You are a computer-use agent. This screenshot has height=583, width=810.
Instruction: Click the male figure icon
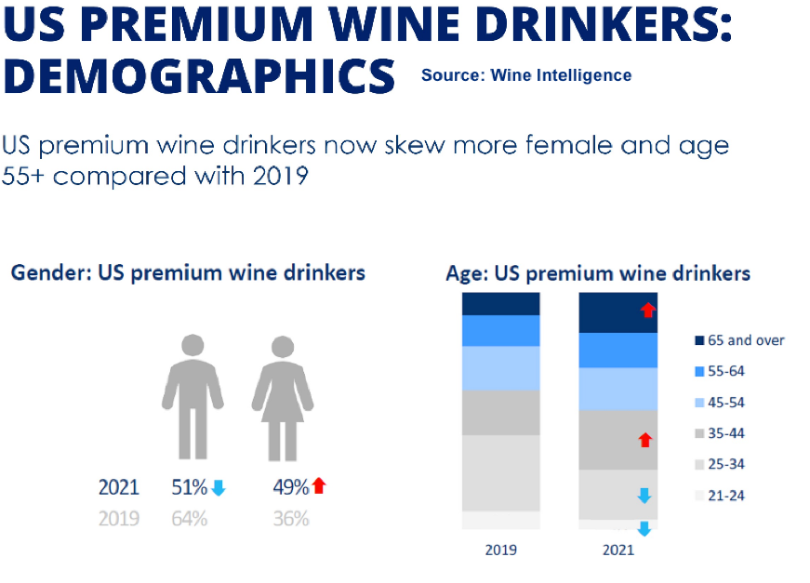pos(193,396)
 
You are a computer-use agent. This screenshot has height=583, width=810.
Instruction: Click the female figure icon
pos(282,396)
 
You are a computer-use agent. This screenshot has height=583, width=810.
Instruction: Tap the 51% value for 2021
pos(189,487)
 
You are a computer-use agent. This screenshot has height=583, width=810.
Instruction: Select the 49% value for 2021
pos(290,486)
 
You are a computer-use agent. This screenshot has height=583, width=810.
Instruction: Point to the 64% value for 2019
pos(189,519)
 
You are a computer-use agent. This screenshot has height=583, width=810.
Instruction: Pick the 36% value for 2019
pos(290,519)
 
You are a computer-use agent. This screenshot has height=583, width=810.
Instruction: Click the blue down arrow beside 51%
pos(219,487)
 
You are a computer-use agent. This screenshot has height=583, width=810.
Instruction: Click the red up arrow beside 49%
pos(320,485)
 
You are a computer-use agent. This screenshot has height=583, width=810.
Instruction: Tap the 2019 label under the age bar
pos(501,550)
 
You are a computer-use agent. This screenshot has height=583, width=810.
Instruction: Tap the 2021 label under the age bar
pos(618,550)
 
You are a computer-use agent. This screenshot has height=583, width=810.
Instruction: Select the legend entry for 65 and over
pos(740,340)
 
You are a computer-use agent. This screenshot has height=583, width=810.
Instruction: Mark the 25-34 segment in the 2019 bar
pos(501,472)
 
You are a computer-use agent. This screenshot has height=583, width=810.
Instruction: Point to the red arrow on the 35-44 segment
pos(645,440)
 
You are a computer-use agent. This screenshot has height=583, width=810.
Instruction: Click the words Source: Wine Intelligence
pos(526,75)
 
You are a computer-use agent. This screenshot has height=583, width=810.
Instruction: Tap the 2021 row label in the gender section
pos(118,487)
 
